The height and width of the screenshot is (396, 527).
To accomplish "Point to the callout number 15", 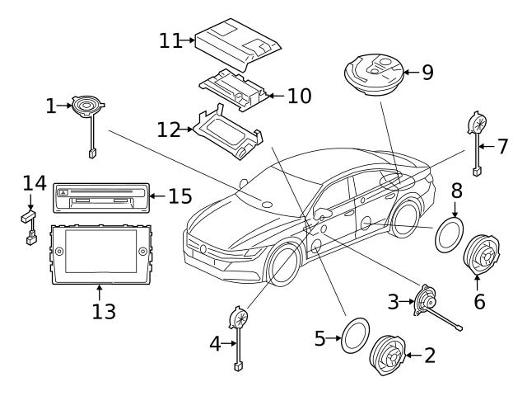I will [x=179, y=196].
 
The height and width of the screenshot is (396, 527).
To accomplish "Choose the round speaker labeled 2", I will [x=390, y=357].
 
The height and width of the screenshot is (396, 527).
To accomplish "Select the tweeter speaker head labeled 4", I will [x=238, y=318].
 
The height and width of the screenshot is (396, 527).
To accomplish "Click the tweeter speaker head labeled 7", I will [x=476, y=125].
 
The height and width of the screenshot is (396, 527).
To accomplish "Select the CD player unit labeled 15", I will [x=100, y=196].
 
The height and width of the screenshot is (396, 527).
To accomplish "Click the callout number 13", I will [x=103, y=312].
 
